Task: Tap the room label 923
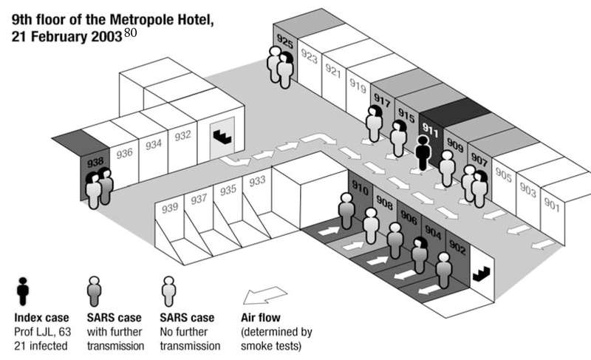(310, 57)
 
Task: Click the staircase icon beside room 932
(222, 135)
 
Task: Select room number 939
(170, 208)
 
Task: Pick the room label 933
(258, 181)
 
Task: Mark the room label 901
(551, 205)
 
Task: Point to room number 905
(504, 176)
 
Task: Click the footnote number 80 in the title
(130, 33)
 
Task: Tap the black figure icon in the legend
(24, 290)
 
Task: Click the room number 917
(382, 100)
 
